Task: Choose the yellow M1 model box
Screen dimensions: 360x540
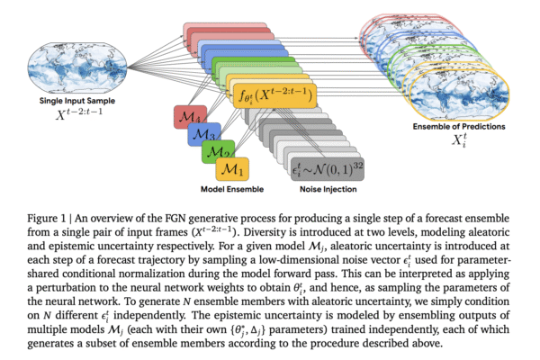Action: (233, 166)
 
